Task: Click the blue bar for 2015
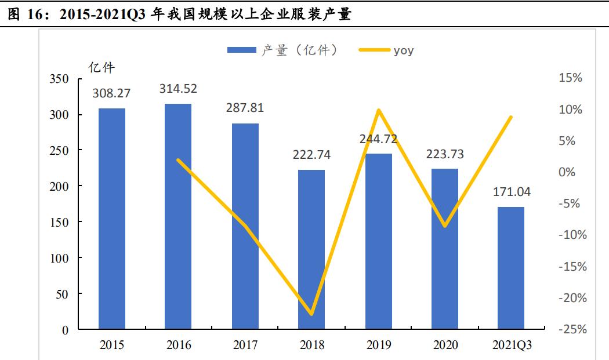pos(111,219)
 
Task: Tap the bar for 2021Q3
pos(511,268)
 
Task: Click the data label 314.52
pos(178,89)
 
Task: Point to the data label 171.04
pos(511,192)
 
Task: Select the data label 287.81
pos(245,108)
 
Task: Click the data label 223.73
pos(444,154)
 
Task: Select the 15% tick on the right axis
pos(571,78)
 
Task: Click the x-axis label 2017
pos(245,346)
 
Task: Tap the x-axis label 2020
pos(444,346)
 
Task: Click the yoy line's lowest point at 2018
pos(311,314)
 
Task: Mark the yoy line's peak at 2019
pos(378,110)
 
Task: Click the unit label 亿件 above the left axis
pos(101,68)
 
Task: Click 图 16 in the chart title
pos(27,14)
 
